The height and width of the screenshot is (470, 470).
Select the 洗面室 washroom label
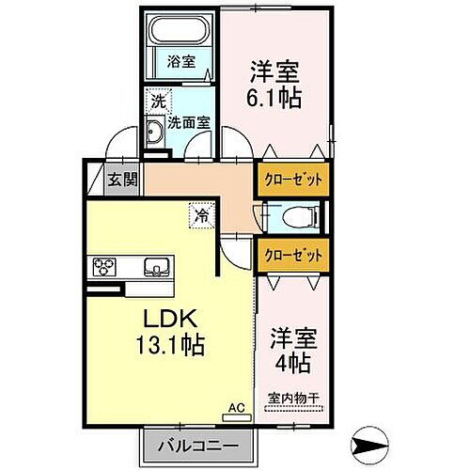[x=188, y=121]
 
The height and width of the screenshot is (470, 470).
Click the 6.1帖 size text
[x=275, y=98]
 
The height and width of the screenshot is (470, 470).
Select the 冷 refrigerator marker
[x=201, y=214]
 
